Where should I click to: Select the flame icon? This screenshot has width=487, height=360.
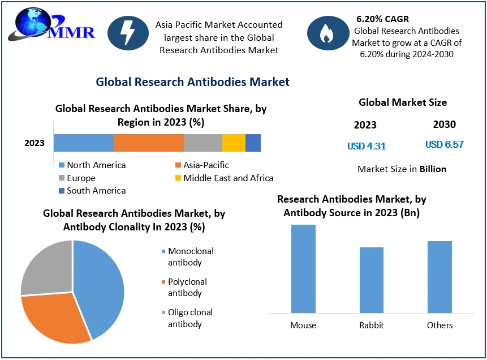(x=327, y=33)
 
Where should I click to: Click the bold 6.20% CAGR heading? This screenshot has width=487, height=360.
(x=382, y=19)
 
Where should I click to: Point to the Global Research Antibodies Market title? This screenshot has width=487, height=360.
(x=192, y=82)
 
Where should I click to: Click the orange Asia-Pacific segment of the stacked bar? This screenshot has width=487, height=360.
(x=149, y=143)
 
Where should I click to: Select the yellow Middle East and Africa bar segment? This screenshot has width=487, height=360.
(x=234, y=143)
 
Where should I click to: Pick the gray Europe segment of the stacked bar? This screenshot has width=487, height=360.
(x=203, y=143)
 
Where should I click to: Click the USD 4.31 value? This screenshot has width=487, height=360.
(x=367, y=146)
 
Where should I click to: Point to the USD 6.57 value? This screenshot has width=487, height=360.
(x=444, y=144)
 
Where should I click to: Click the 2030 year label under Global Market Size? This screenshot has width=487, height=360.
(x=444, y=125)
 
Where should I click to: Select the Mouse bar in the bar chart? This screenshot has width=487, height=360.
(x=303, y=269)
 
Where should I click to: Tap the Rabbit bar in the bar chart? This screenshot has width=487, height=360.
(x=371, y=280)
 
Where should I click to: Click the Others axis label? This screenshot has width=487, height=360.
(x=439, y=325)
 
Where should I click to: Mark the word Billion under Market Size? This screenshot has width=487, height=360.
(x=433, y=169)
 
